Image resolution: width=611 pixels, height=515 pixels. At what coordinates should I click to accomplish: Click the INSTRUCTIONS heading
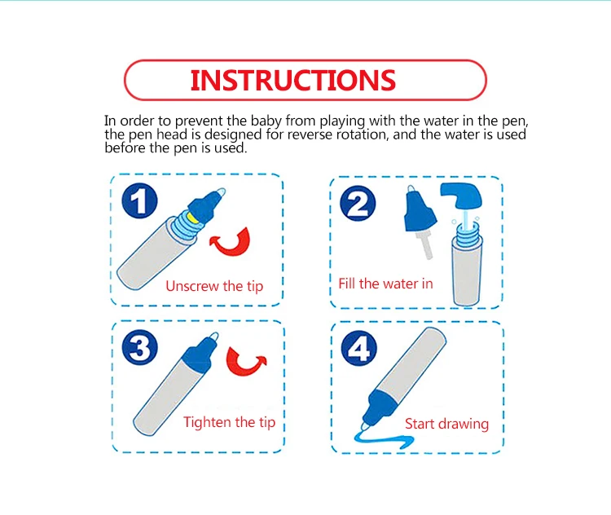(293, 81)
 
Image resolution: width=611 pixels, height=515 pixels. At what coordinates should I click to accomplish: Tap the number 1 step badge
(139, 200)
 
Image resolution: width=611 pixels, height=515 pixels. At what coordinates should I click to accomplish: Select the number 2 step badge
(358, 204)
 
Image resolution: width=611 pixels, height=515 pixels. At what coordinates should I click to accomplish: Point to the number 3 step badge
(140, 347)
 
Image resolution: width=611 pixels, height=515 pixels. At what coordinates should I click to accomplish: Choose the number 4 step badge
(359, 349)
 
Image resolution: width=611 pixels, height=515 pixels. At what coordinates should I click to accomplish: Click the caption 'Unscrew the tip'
(214, 286)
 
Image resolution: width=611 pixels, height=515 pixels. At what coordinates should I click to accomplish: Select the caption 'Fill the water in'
(386, 284)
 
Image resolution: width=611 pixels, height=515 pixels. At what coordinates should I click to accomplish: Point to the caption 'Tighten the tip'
(230, 422)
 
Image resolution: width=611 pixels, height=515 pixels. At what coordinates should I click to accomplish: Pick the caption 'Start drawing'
(446, 424)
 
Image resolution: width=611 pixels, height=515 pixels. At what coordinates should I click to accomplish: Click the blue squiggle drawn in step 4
(384, 439)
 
